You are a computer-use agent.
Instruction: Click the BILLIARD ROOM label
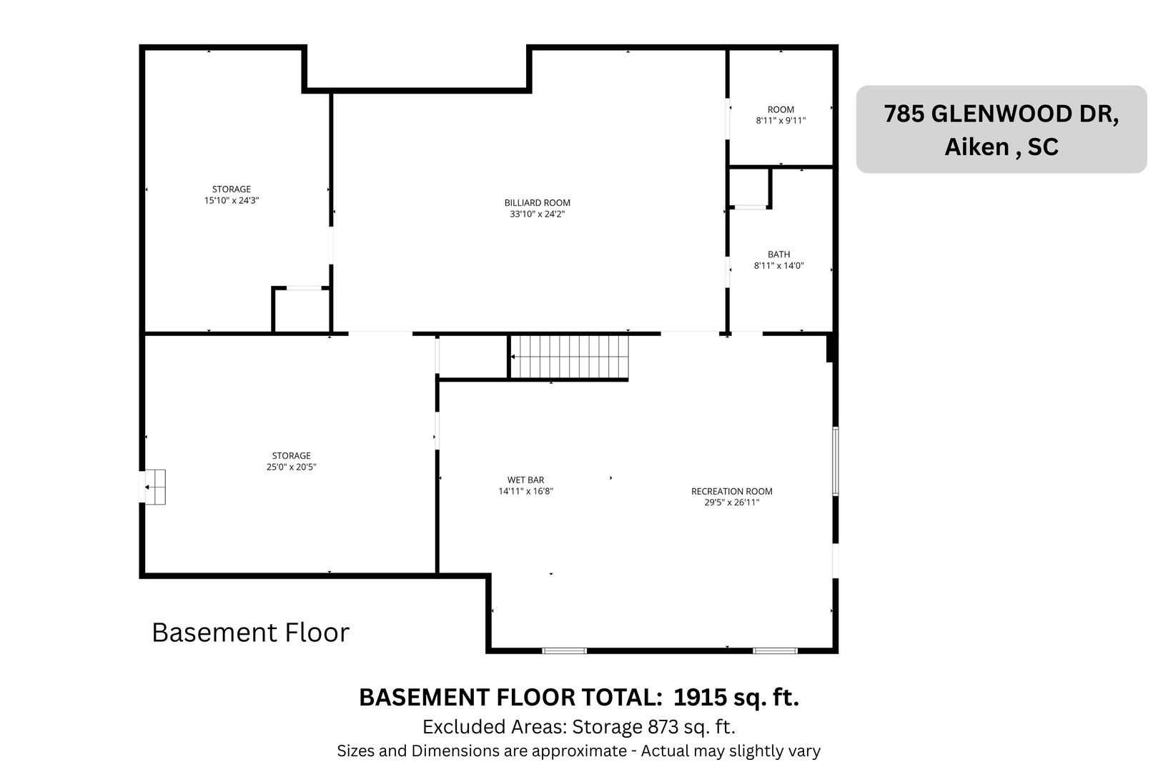click(537, 203)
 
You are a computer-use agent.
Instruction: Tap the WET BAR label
click(525, 480)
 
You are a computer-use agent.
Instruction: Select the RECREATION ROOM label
click(731, 491)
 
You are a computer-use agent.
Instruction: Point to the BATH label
click(778, 254)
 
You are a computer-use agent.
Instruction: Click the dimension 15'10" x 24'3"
click(231, 201)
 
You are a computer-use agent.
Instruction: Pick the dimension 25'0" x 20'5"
click(291, 467)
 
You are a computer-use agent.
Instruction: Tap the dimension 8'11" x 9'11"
click(781, 121)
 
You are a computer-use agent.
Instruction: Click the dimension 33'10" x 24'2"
click(537, 214)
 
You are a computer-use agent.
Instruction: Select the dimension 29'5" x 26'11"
click(731, 502)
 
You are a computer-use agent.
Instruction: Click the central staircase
click(569, 357)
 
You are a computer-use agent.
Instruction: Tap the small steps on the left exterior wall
click(154, 487)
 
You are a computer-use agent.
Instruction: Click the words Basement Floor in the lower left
click(251, 633)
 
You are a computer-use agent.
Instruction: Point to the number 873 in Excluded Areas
click(663, 726)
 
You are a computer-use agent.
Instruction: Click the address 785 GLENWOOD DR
click(1001, 114)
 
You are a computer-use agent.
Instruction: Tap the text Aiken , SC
click(1001, 147)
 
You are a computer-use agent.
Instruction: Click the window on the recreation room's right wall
click(836, 461)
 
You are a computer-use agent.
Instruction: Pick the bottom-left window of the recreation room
click(564, 650)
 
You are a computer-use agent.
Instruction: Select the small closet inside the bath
click(750, 188)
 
